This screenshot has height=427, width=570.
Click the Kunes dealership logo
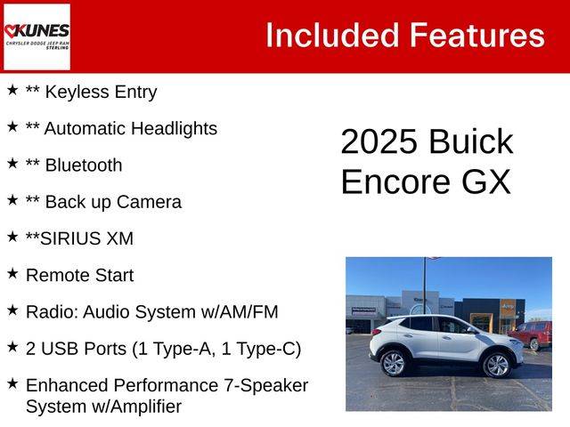tap(37, 36)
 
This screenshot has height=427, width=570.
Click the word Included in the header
tap(332, 36)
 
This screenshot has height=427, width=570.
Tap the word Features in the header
tap(477, 36)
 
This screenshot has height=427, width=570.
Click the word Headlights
tap(175, 128)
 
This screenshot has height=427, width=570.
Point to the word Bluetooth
tap(84, 165)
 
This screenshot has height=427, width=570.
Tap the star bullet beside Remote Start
tap(12, 273)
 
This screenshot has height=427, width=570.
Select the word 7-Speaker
tap(266, 385)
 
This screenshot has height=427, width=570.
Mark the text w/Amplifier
tap(136, 407)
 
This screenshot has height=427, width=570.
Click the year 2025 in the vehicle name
tap(379, 141)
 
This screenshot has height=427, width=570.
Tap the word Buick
tap(471, 141)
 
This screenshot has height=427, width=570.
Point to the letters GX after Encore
tap(486, 181)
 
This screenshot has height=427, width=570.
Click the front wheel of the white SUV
tap(497, 365)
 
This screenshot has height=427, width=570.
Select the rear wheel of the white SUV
tap(393, 364)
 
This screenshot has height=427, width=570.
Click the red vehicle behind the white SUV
tap(533, 334)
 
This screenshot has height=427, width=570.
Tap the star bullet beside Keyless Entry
tap(12, 90)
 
